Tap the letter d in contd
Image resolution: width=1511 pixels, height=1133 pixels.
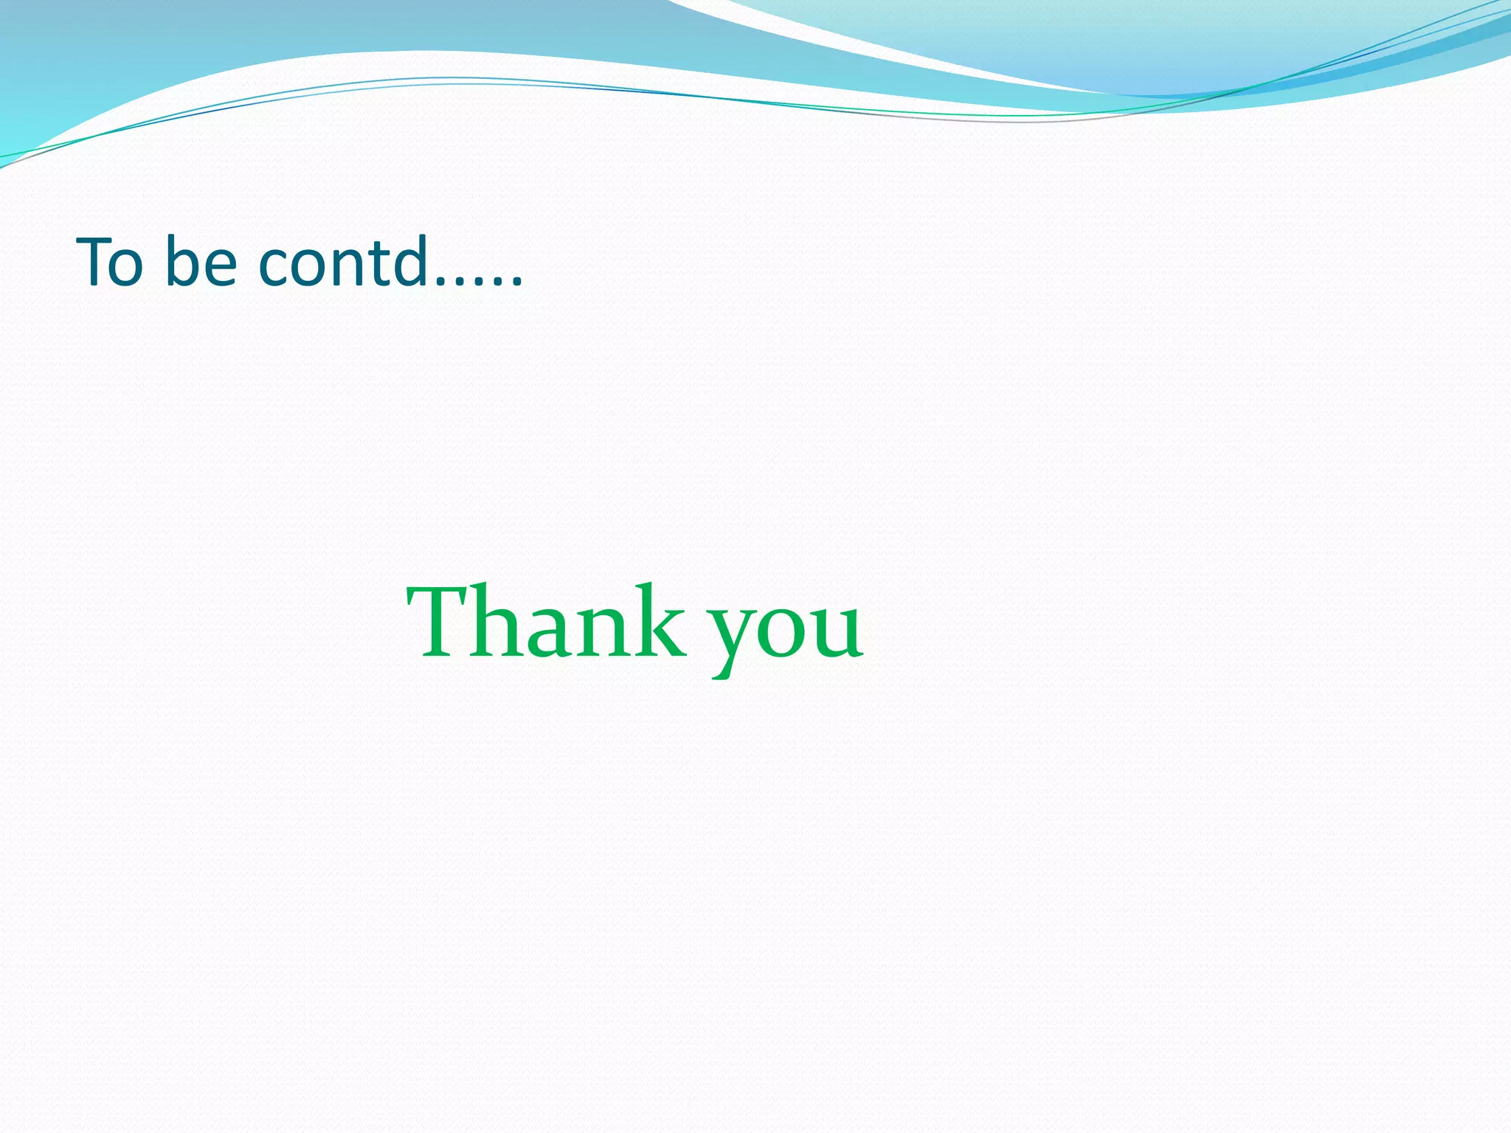tap(410, 261)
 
